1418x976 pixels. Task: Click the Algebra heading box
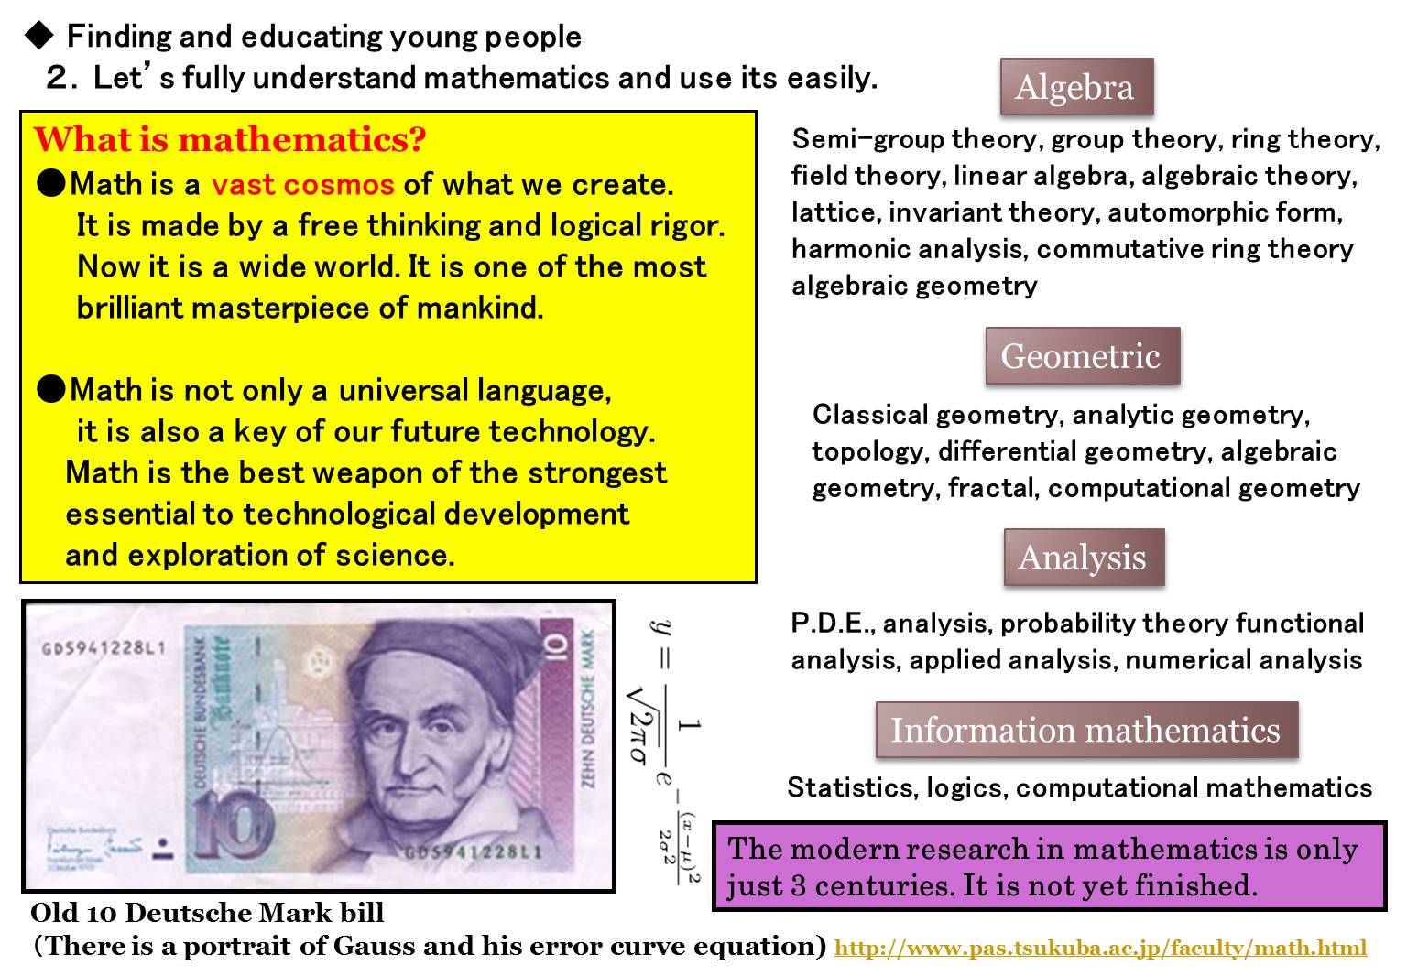click(x=1077, y=87)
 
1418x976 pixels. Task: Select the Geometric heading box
click(x=1083, y=355)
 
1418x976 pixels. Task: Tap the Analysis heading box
click(x=1084, y=558)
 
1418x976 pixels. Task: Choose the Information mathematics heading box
click(x=1087, y=730)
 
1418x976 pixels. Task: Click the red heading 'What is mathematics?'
click(x=230, y=139)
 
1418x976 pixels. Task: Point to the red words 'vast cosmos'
click(x=302, y=185)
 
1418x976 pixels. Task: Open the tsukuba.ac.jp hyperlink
click(x=1100, y=948)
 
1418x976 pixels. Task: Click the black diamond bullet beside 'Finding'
click(x=39, y=36)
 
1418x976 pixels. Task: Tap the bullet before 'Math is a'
click(x=51, y=183)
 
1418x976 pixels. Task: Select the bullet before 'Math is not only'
click(x=51, y=389)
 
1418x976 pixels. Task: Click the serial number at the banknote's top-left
click(x=104, y=648)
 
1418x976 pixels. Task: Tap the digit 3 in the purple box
click(x=798, y=885)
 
